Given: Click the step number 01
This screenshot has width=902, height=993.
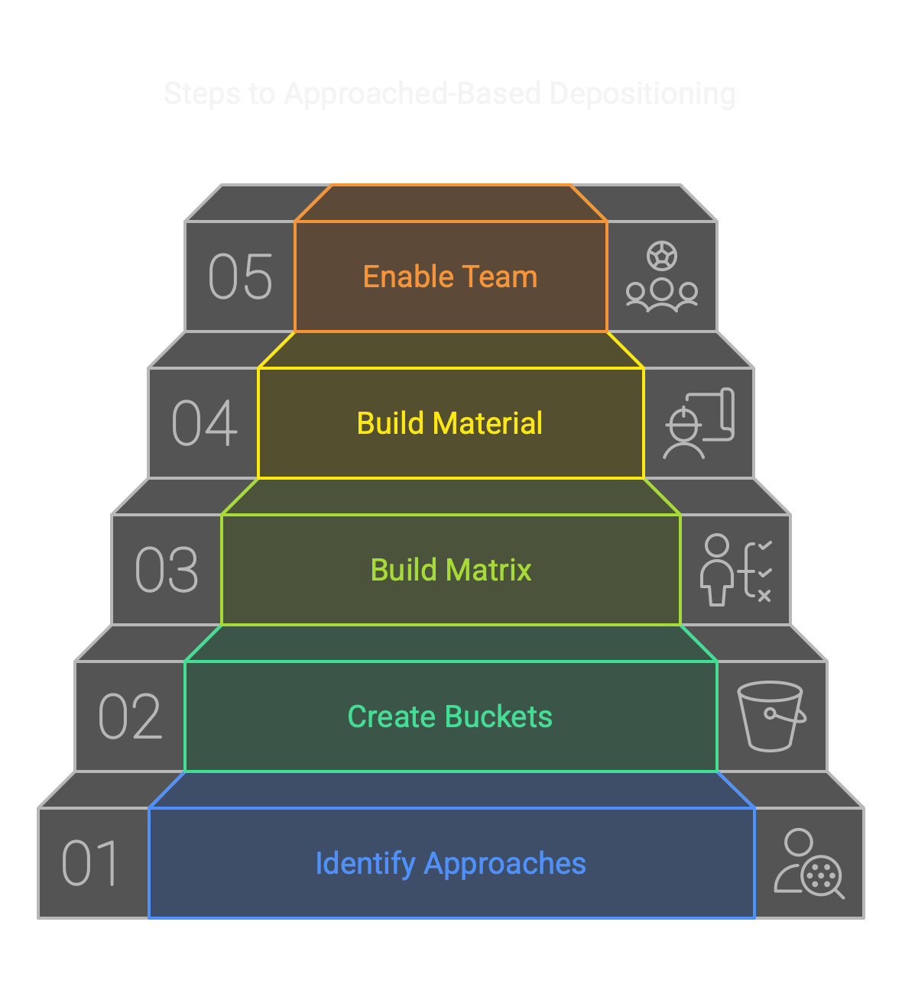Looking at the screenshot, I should tap(90, 863).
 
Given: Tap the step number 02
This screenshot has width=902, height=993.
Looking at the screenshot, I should tap(130, 716).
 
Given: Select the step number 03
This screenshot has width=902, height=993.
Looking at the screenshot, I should tap(167, 570).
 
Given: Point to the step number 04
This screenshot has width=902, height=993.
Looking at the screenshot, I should tap(204, 423).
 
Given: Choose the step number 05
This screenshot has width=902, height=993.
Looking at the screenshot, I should tap(240, 277).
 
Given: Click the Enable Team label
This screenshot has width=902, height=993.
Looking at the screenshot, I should tap(450, 277).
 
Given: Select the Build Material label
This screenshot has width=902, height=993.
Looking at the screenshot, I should tap(450, 423).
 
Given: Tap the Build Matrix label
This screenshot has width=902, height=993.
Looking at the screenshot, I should tap(450, 570).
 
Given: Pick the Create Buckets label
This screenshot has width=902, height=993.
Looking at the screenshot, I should tap(450, 716).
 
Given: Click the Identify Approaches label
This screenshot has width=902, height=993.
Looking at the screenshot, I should tap(450, 863).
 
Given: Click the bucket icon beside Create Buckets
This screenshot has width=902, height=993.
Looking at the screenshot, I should tap(771, 716).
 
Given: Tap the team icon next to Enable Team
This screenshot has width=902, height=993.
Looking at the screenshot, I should tap(662, 277).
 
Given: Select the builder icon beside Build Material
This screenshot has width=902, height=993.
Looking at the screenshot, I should tap(699, 423).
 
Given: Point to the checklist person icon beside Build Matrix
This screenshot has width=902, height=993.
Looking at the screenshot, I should tap(735, 570).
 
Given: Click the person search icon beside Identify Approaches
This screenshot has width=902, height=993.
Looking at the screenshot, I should tap(809, 863).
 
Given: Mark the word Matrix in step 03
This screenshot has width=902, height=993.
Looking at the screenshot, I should tap(492, 570).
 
